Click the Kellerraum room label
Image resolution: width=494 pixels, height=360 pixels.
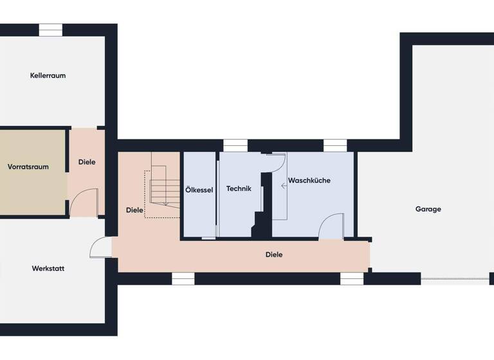(x=48, y=75)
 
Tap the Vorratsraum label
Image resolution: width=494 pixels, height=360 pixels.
(x=28, y=166)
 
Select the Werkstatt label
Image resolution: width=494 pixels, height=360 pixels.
(x=48, y=268)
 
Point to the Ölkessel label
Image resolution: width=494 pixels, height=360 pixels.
(x=199, y=190)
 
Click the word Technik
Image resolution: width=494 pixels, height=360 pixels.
(x=238, y=188)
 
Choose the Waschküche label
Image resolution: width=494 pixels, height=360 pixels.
(x=309, y=181)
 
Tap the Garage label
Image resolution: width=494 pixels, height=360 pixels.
(x=428, y=209)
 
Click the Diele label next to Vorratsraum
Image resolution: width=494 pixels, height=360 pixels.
(x=87, y=162)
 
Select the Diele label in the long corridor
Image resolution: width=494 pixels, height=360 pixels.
(x=274, y=255)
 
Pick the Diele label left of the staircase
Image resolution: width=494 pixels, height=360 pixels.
(x=134, y=210)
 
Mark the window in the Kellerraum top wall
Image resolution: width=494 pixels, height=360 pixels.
(x=50, y=30)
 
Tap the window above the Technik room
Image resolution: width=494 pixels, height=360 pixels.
(x=235, y=145)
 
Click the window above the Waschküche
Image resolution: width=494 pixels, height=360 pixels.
(x=335, y=145)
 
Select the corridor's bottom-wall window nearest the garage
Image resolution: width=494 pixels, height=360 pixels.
(x=352, y=278)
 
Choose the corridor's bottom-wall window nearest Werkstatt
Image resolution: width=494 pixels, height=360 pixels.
(x=183, y=278)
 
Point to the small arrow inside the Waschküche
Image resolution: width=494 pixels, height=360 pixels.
(x=284, y=186)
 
